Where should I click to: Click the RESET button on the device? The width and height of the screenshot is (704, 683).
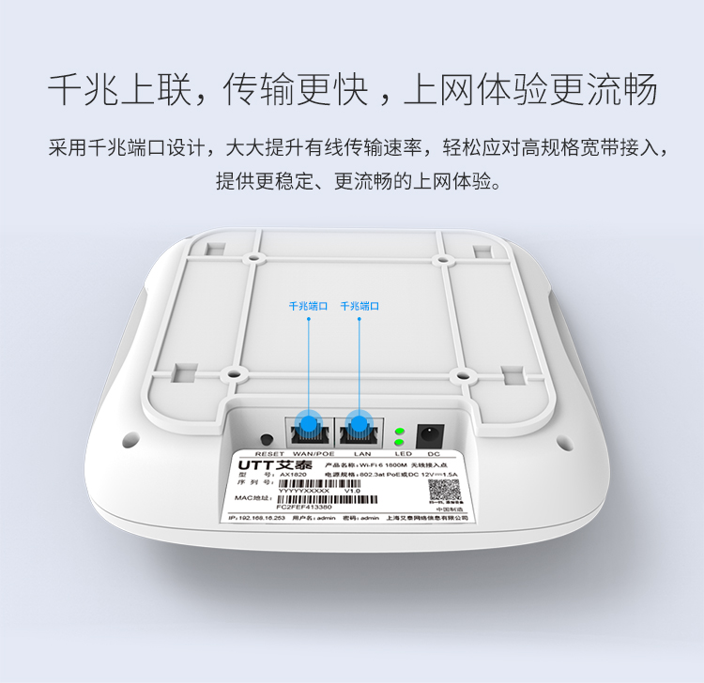pos(267,439)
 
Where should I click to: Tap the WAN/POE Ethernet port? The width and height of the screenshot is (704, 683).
pos(308,429)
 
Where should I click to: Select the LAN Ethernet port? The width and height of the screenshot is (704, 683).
pos(357,429)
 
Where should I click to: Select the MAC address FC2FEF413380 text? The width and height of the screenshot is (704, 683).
pos(305,506)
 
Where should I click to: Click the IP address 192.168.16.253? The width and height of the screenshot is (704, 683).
pos(259,517)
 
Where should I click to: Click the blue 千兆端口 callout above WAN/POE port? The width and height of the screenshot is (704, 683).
pos(308,306)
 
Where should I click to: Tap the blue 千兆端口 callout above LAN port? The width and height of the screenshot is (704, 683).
pos(359,306)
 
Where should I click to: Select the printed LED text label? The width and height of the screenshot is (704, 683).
pos(402,453)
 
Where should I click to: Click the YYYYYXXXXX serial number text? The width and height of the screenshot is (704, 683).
pos(305,490)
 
